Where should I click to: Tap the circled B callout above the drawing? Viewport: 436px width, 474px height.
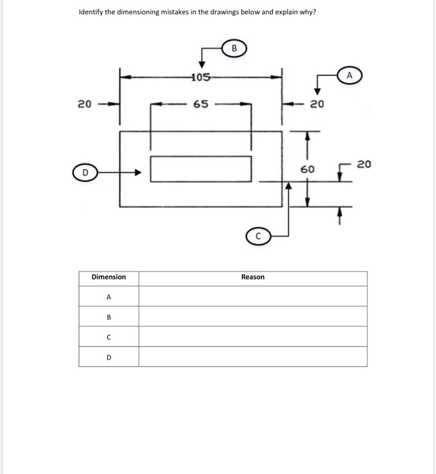234,48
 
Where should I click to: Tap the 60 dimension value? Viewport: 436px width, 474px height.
307,168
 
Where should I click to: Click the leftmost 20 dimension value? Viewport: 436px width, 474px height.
84,104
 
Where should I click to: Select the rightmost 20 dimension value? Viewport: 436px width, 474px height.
364,164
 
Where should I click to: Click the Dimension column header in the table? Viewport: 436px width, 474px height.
108,277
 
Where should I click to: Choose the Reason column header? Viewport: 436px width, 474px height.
253,277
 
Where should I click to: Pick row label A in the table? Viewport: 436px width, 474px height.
108,297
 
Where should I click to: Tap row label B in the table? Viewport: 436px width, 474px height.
108,316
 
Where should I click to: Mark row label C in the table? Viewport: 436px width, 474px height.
108,337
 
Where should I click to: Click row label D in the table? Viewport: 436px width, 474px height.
108,356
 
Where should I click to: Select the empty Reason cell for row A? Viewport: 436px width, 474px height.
253,297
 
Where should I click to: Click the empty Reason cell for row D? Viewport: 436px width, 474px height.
253,356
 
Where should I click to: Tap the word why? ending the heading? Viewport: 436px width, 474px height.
308,12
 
